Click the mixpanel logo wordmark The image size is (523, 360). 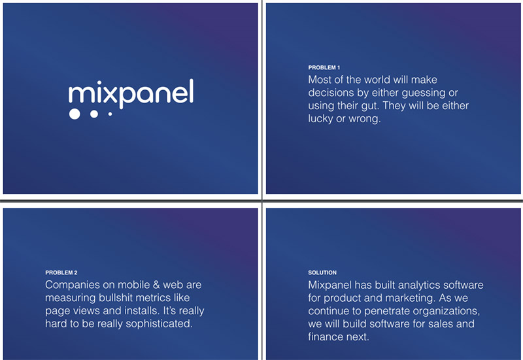click(x=131, y=93)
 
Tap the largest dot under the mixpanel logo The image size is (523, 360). click(x=75, y=114)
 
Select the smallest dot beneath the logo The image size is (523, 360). click(x=110, y=114)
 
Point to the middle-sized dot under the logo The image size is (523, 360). click(x=94, y=114)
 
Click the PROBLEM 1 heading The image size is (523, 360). click(x=324, y=68)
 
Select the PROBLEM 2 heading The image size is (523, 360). click(x=61, y=272)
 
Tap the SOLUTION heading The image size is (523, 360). click(x=322, y=272)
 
